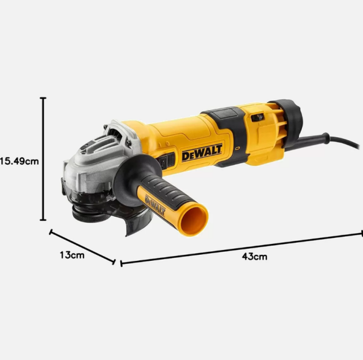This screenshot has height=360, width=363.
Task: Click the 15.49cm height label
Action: click(19, 162)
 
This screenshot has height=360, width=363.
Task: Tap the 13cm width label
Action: click(72, 255)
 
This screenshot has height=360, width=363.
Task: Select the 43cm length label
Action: click(254, 257)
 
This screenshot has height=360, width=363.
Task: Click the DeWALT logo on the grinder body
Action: click(202, 154)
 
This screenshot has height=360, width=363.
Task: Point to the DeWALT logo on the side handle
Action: click(155, 203)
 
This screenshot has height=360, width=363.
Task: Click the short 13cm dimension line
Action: click(82, 246)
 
